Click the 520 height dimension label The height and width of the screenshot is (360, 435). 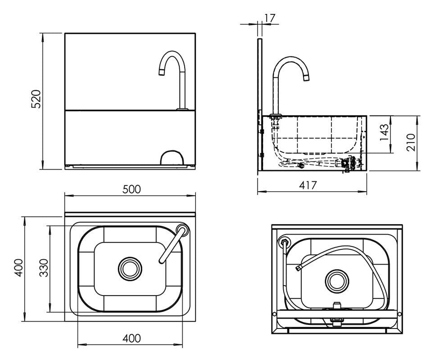[x=36, y=99]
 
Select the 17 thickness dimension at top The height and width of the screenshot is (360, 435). [x=270, y=18]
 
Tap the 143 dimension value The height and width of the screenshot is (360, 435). [x=384, y=134]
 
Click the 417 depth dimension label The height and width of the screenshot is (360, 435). [x=308, y=185]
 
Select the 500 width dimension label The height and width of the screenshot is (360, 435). [x=132, y=189]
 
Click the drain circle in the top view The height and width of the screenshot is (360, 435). [x=130, y=269]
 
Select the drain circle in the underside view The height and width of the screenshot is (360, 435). [x=336, y=280]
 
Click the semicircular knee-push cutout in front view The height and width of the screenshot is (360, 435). [x=172, y=157]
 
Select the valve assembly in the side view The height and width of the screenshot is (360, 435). [x=349, y=164]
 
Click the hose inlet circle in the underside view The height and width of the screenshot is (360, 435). [x=285, y=241]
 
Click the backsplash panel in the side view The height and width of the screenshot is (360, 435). [x=260, y=103]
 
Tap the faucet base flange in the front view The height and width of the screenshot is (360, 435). [x=182, y=108]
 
